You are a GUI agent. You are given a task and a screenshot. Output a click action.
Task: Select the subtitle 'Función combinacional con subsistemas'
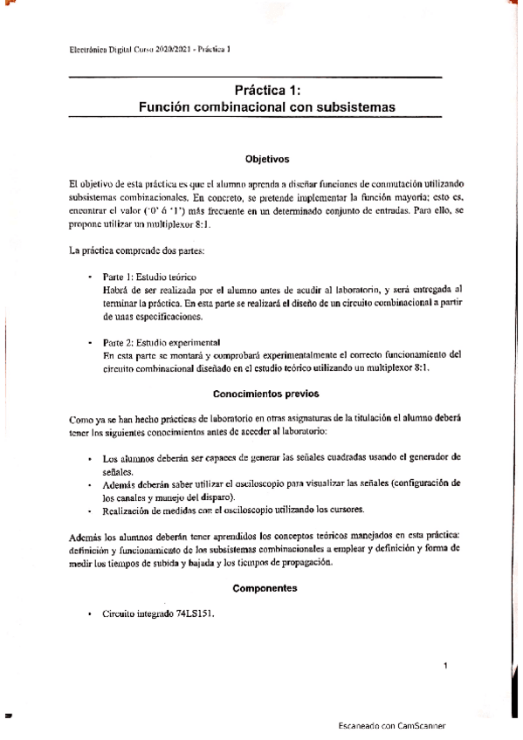267,107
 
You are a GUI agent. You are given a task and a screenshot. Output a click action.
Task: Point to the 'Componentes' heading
266,588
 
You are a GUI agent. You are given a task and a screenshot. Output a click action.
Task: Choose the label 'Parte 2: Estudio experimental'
161,342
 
